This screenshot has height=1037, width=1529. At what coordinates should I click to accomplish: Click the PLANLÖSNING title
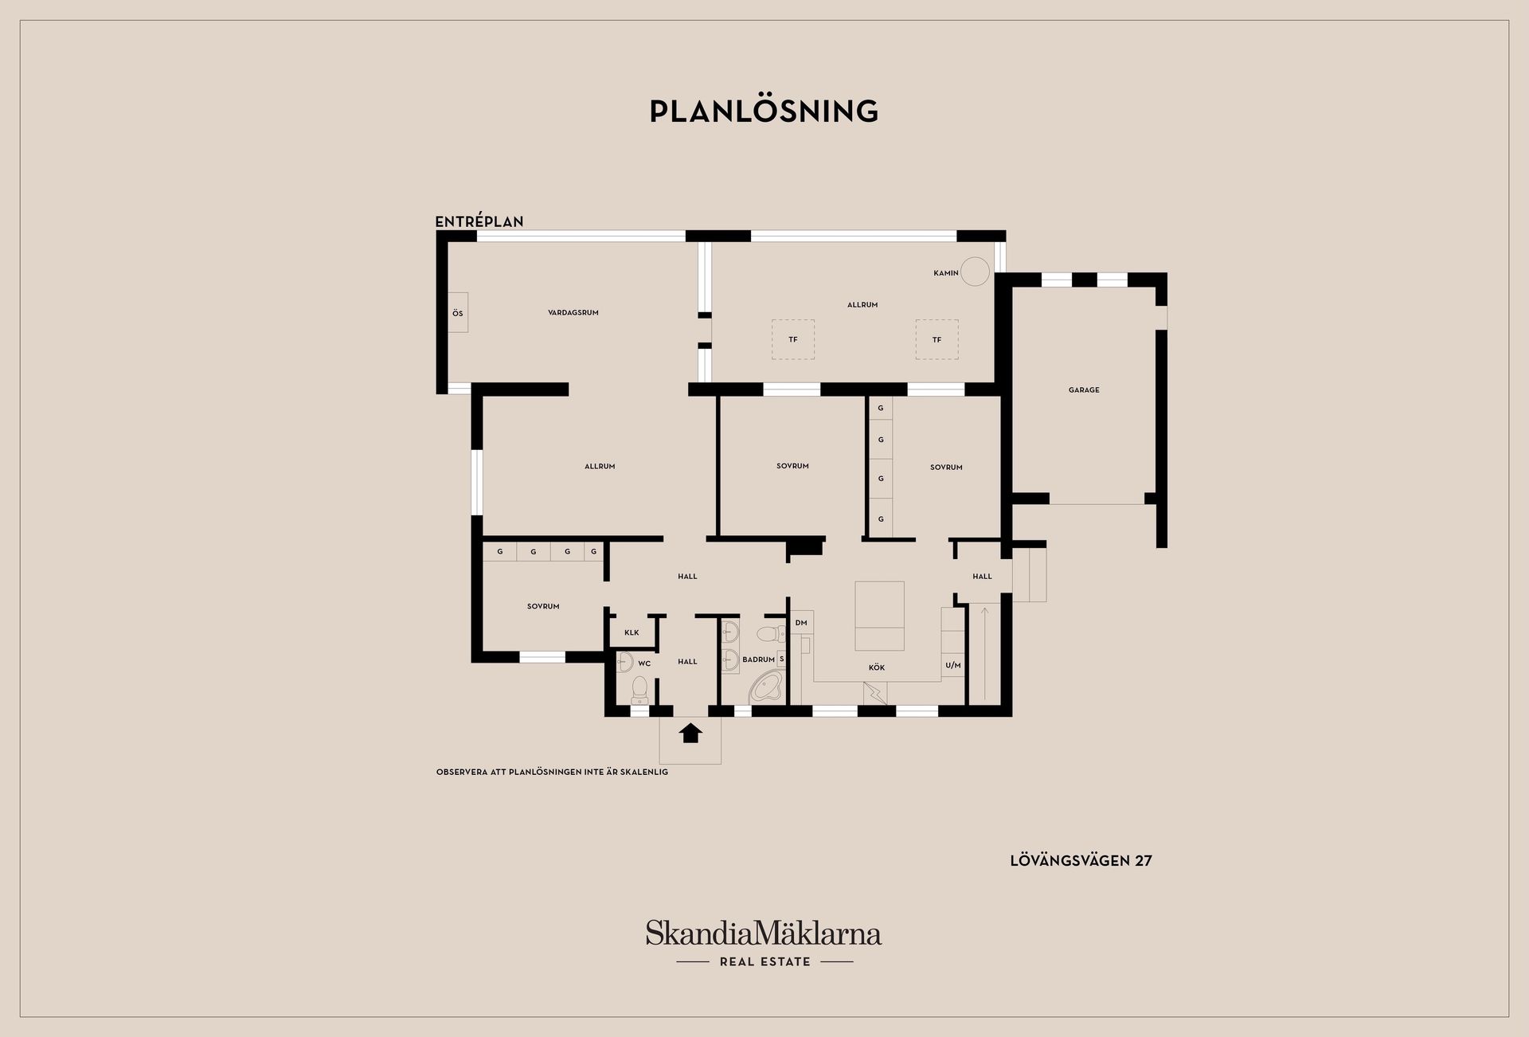pos(764,112)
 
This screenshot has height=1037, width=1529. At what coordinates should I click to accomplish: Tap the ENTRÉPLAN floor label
pos(479,221)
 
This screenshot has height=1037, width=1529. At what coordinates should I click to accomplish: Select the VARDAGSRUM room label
pos(573,313)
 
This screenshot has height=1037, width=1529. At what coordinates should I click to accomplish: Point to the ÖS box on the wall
pos(457,313)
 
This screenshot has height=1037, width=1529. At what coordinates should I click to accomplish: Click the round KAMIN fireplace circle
pos(975,272)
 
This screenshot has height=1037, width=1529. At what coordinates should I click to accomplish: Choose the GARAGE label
pos(1084,390)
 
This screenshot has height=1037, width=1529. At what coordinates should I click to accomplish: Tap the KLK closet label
pos(632,633)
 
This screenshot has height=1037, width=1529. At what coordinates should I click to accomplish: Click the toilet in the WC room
pos(639,689)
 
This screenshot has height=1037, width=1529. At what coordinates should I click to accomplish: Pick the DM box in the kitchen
pos(800,623)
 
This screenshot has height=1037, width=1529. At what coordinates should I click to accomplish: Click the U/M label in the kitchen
pos(953,665)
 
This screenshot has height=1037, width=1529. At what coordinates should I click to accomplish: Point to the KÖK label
pos(877,667)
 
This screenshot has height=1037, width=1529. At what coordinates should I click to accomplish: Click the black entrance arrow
pos(690,733)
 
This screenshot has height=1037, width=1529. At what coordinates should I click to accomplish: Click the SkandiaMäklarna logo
pos(764,933)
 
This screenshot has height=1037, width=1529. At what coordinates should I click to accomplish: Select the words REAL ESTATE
pos(765,962)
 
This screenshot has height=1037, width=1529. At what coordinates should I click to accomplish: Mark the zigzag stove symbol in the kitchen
pos(876,693)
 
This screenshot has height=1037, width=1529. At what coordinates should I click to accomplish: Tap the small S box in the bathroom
pos(782,659)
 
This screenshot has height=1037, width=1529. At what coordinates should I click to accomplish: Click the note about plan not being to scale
pos(552,772)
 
